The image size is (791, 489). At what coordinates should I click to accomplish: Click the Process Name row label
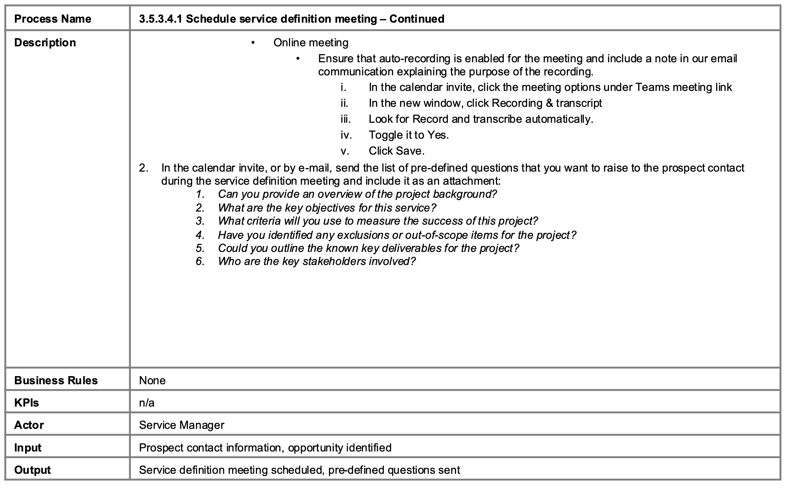[52, 19]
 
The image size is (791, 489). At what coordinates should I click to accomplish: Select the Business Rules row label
[56, 380]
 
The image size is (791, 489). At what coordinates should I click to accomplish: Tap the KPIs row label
[27, 403]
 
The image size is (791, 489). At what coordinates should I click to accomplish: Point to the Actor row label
[29, 425]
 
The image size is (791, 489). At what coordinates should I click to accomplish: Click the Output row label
[32, 470]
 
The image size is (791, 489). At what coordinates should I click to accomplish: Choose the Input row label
[28, 448]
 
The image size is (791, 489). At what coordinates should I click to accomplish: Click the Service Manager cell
[181, 425]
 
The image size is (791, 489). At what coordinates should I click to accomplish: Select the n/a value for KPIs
[146, 403]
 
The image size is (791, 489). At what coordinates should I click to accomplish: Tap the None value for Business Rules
[152, 380]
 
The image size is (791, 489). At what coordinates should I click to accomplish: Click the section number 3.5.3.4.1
[161, 19]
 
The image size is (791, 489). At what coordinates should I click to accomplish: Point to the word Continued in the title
[417, 19]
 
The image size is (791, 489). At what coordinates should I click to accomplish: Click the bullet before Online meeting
[253, 43]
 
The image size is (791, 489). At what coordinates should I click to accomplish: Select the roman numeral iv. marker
[346, 135]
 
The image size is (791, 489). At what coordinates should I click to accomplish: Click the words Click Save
[396, 151]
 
